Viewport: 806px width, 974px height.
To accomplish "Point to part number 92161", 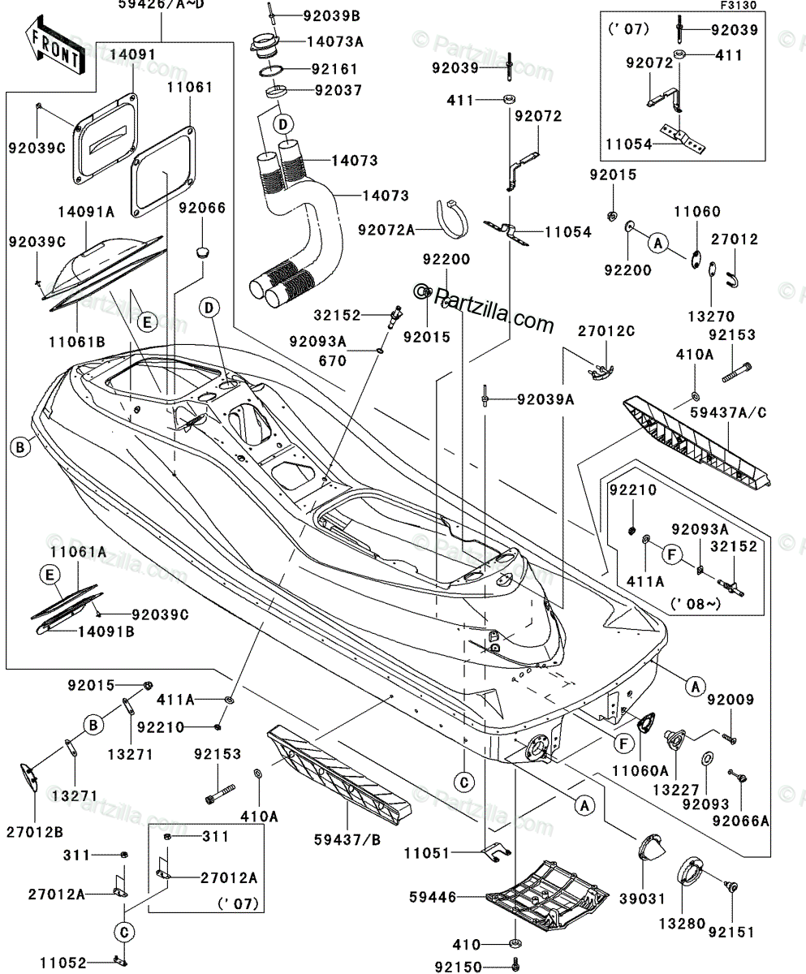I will coord(330,70).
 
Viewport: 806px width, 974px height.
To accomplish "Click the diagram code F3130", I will coord(739,5).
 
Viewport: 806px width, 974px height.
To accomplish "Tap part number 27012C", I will coord(606,331).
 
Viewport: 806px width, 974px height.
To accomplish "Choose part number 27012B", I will coord(34,831).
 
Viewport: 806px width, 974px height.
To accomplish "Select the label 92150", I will coord(458,967).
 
